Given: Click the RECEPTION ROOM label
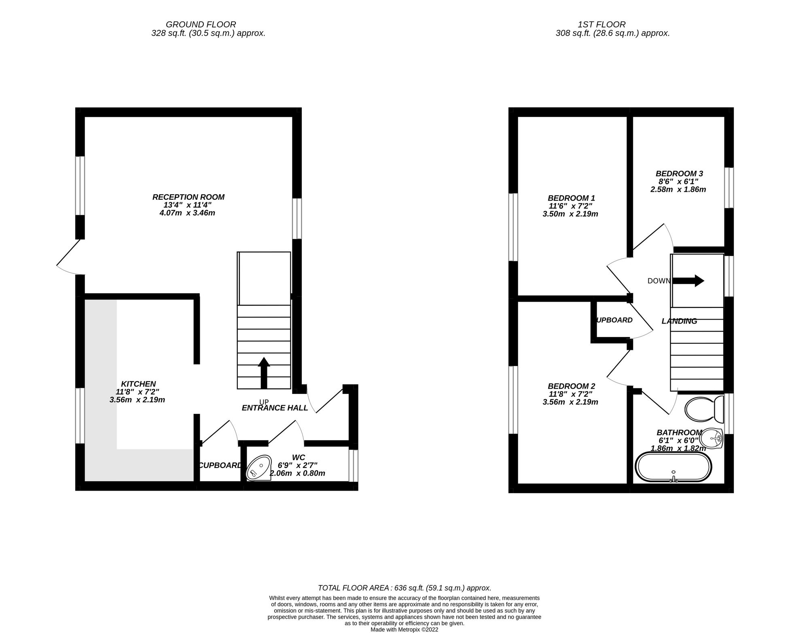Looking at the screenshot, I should click(x=188, y=197).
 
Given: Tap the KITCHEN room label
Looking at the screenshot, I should click(x=138, y=384).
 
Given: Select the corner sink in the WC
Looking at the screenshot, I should click(x=259, y=468).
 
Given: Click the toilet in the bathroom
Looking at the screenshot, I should click(x=704, y=409).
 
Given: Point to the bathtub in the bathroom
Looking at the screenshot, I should click(x=673, y=467).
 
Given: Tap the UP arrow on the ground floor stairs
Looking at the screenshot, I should click(x=264, y=373).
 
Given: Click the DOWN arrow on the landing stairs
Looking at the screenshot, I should click(x=688, y=281).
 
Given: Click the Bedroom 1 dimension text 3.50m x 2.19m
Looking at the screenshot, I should click(x=570, y=214).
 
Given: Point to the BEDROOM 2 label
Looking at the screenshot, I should click(x=571, y=386).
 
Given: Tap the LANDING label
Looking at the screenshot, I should click(x=679, y=321).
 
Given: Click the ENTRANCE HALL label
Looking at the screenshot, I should click(x=275, y=408).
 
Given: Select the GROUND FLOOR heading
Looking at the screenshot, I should click(x=201, y=25).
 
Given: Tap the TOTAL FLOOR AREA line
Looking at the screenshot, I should click(x=404, y=588).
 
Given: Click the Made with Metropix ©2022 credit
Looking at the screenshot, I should click(x=404, y=629).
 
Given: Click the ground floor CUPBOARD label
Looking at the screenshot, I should click(x=220, y=466).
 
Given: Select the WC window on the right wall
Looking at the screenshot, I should click(x=353, y=465).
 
